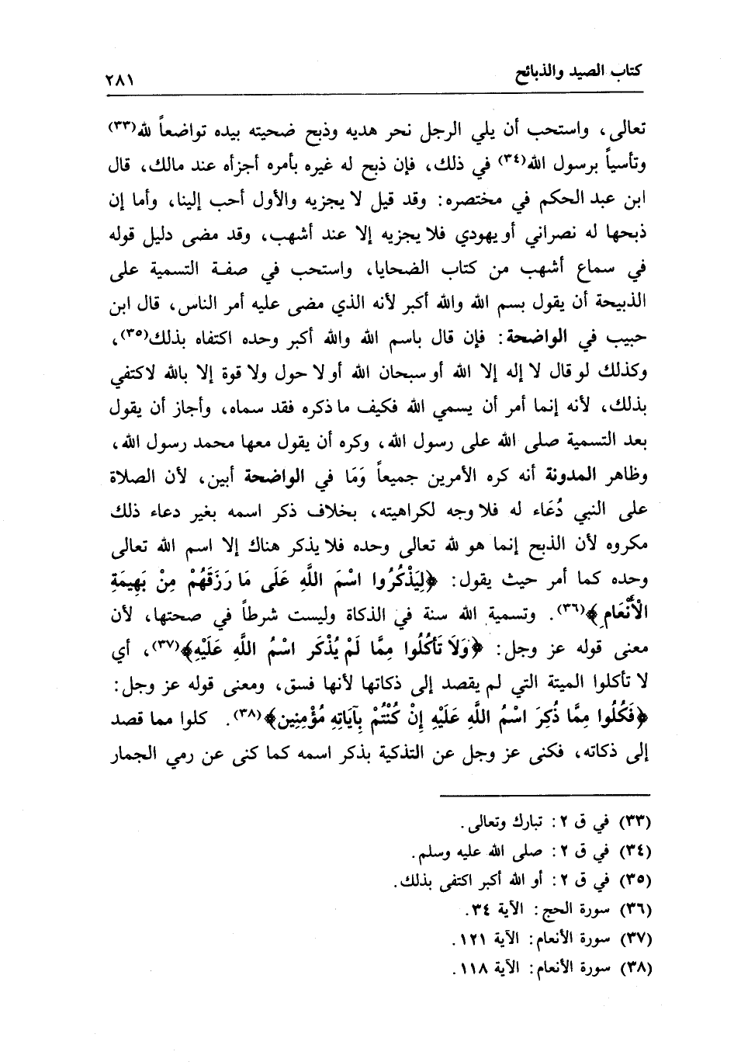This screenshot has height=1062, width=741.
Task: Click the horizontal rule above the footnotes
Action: (x=546, y=794)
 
